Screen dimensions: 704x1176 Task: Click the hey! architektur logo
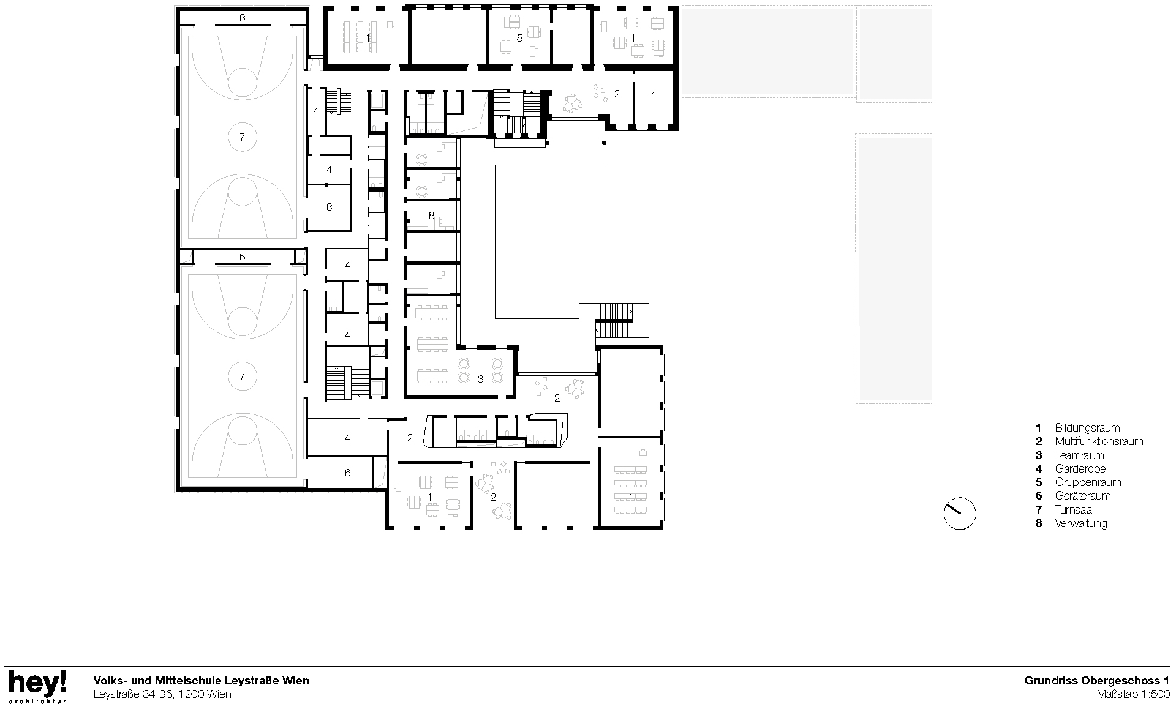tap(37, 686)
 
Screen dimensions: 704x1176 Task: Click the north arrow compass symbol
tap(960, 514)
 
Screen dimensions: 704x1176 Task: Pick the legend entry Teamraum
tap(1079, 455)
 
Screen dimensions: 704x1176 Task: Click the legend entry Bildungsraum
tap(1087, 428)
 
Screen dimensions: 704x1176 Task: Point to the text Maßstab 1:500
tap(1133, 694)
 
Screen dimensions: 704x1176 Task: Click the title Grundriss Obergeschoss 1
tap(1097, 680)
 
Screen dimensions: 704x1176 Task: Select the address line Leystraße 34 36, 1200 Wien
tap(162, 694)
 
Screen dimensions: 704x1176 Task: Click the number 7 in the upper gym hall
tap(242, 137)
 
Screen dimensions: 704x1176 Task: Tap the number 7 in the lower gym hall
tap(242, 376)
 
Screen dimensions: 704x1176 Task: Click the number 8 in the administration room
tap(431, 215)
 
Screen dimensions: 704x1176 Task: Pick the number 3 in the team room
tap(480, 380)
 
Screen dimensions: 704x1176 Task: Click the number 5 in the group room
tap(519, 38)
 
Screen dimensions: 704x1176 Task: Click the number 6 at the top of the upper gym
tap(242, 18)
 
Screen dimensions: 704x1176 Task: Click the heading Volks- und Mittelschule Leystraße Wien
tap(201, 680)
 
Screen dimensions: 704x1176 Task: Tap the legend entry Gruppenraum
tap(1087, 482)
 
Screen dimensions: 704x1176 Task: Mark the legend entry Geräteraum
tap(1082, 496)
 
